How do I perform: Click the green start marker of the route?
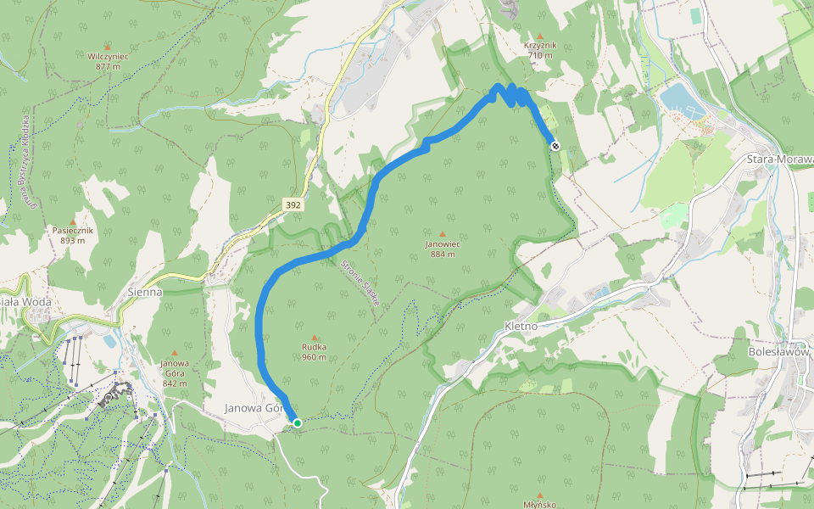point(297,422)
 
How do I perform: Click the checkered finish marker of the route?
point(555,146)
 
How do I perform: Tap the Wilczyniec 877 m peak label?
point(107,61)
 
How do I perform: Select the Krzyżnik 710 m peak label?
point(539,50)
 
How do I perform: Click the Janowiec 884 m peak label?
point(442,249)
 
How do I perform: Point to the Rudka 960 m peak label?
point(315,351)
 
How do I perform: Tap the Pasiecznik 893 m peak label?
point(73,235)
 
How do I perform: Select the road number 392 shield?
point(293,205)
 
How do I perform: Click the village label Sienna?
point(144,291)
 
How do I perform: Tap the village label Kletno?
point(521,326)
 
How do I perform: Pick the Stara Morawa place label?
point(778,159)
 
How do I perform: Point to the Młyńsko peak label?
point(539,503)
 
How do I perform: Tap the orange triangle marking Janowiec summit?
point(442,234)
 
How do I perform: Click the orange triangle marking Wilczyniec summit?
point(107,47)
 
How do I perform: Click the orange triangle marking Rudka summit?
point(315,337)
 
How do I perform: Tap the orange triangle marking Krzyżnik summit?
point(539,36)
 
